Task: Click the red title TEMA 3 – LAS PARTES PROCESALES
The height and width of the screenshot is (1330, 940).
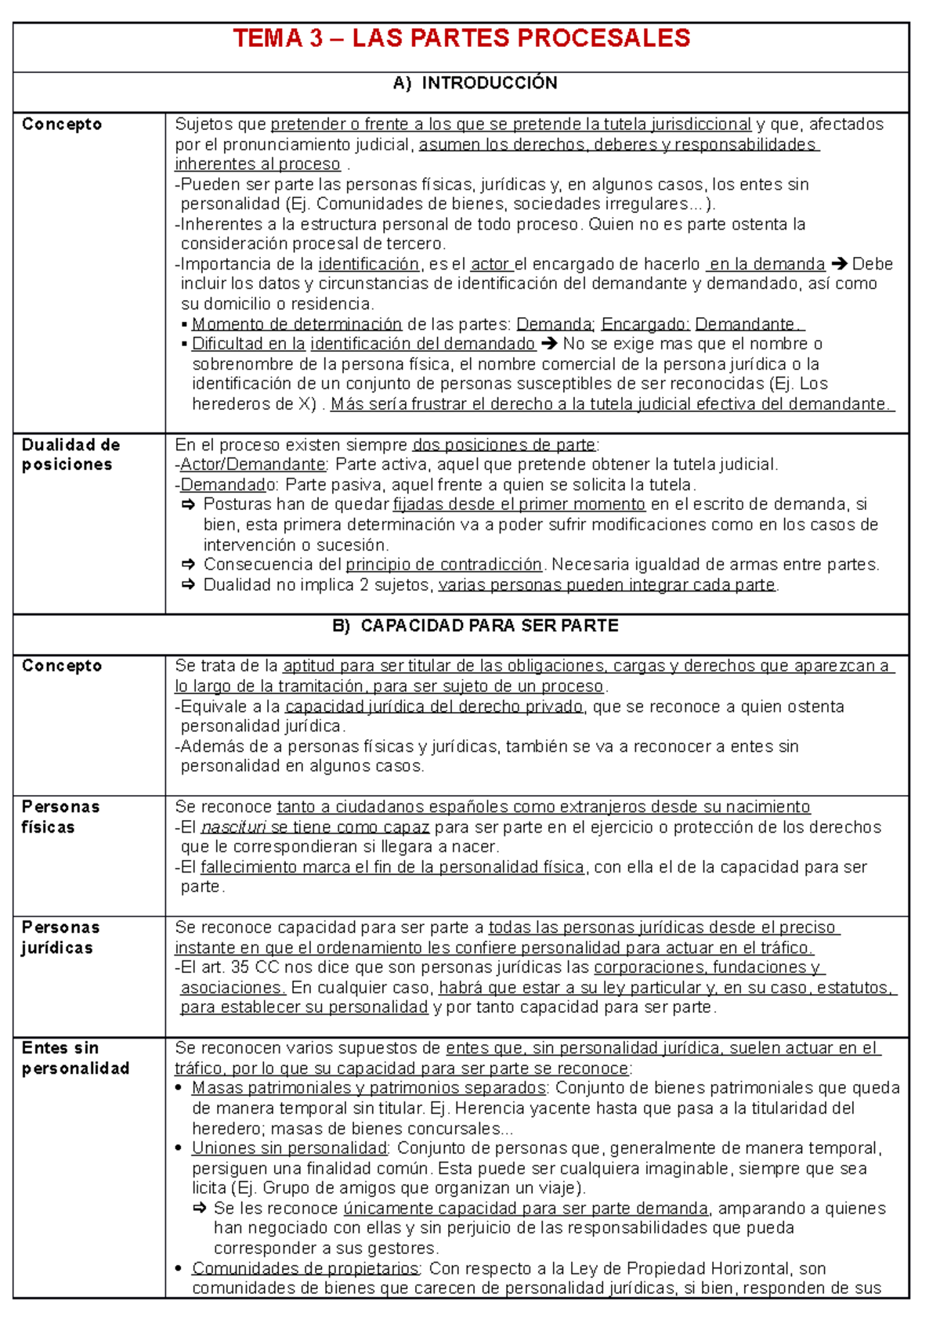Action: click(x=461, y=38)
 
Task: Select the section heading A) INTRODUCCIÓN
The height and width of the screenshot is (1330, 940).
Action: click(x=475, y=83)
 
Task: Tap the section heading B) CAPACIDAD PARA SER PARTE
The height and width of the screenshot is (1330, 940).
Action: click(x=475, y=626)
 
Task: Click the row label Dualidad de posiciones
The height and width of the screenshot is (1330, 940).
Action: click(x=70, y=455)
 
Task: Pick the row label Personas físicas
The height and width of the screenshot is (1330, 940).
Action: click(x=60, y=817)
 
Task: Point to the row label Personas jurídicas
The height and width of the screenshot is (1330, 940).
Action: click(x=60, y=938)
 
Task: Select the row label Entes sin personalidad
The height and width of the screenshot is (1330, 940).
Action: click(x=75, y=1058)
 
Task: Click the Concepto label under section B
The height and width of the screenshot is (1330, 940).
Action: click(x=62, y=666)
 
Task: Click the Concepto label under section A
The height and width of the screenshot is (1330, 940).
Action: click(x=62, y=124)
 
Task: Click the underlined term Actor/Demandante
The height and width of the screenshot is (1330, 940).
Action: click(x=253, y=465)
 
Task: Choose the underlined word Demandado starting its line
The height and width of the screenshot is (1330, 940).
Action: click(x=228, y=485)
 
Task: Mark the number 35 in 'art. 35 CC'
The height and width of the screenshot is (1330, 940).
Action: click(x=240, y=967)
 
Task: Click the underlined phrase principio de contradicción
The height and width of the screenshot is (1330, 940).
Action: click(x=443, y=565)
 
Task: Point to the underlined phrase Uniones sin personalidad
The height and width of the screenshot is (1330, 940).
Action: click(x=290, y=1148)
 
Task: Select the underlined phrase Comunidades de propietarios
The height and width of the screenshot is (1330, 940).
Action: click(x=306, y=1268)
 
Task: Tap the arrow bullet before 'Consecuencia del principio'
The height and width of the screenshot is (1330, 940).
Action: click(x=188, y=565)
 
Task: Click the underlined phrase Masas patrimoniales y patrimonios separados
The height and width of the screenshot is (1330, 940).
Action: click(x=369, y=1088)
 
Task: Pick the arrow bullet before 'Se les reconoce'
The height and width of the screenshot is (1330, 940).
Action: click(x=199, y=1209)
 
